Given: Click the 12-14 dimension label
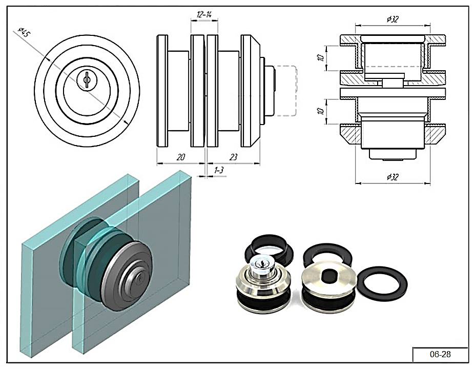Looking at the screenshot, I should point(204,15).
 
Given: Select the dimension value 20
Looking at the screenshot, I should point(180,157).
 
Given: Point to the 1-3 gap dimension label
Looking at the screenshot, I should point(219,170).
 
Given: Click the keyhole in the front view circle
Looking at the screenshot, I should point(87,79).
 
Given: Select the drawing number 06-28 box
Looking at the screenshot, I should point(440,354).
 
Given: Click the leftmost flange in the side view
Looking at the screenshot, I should point(162,91).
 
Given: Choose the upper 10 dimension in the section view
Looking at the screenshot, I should point(321,57).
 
